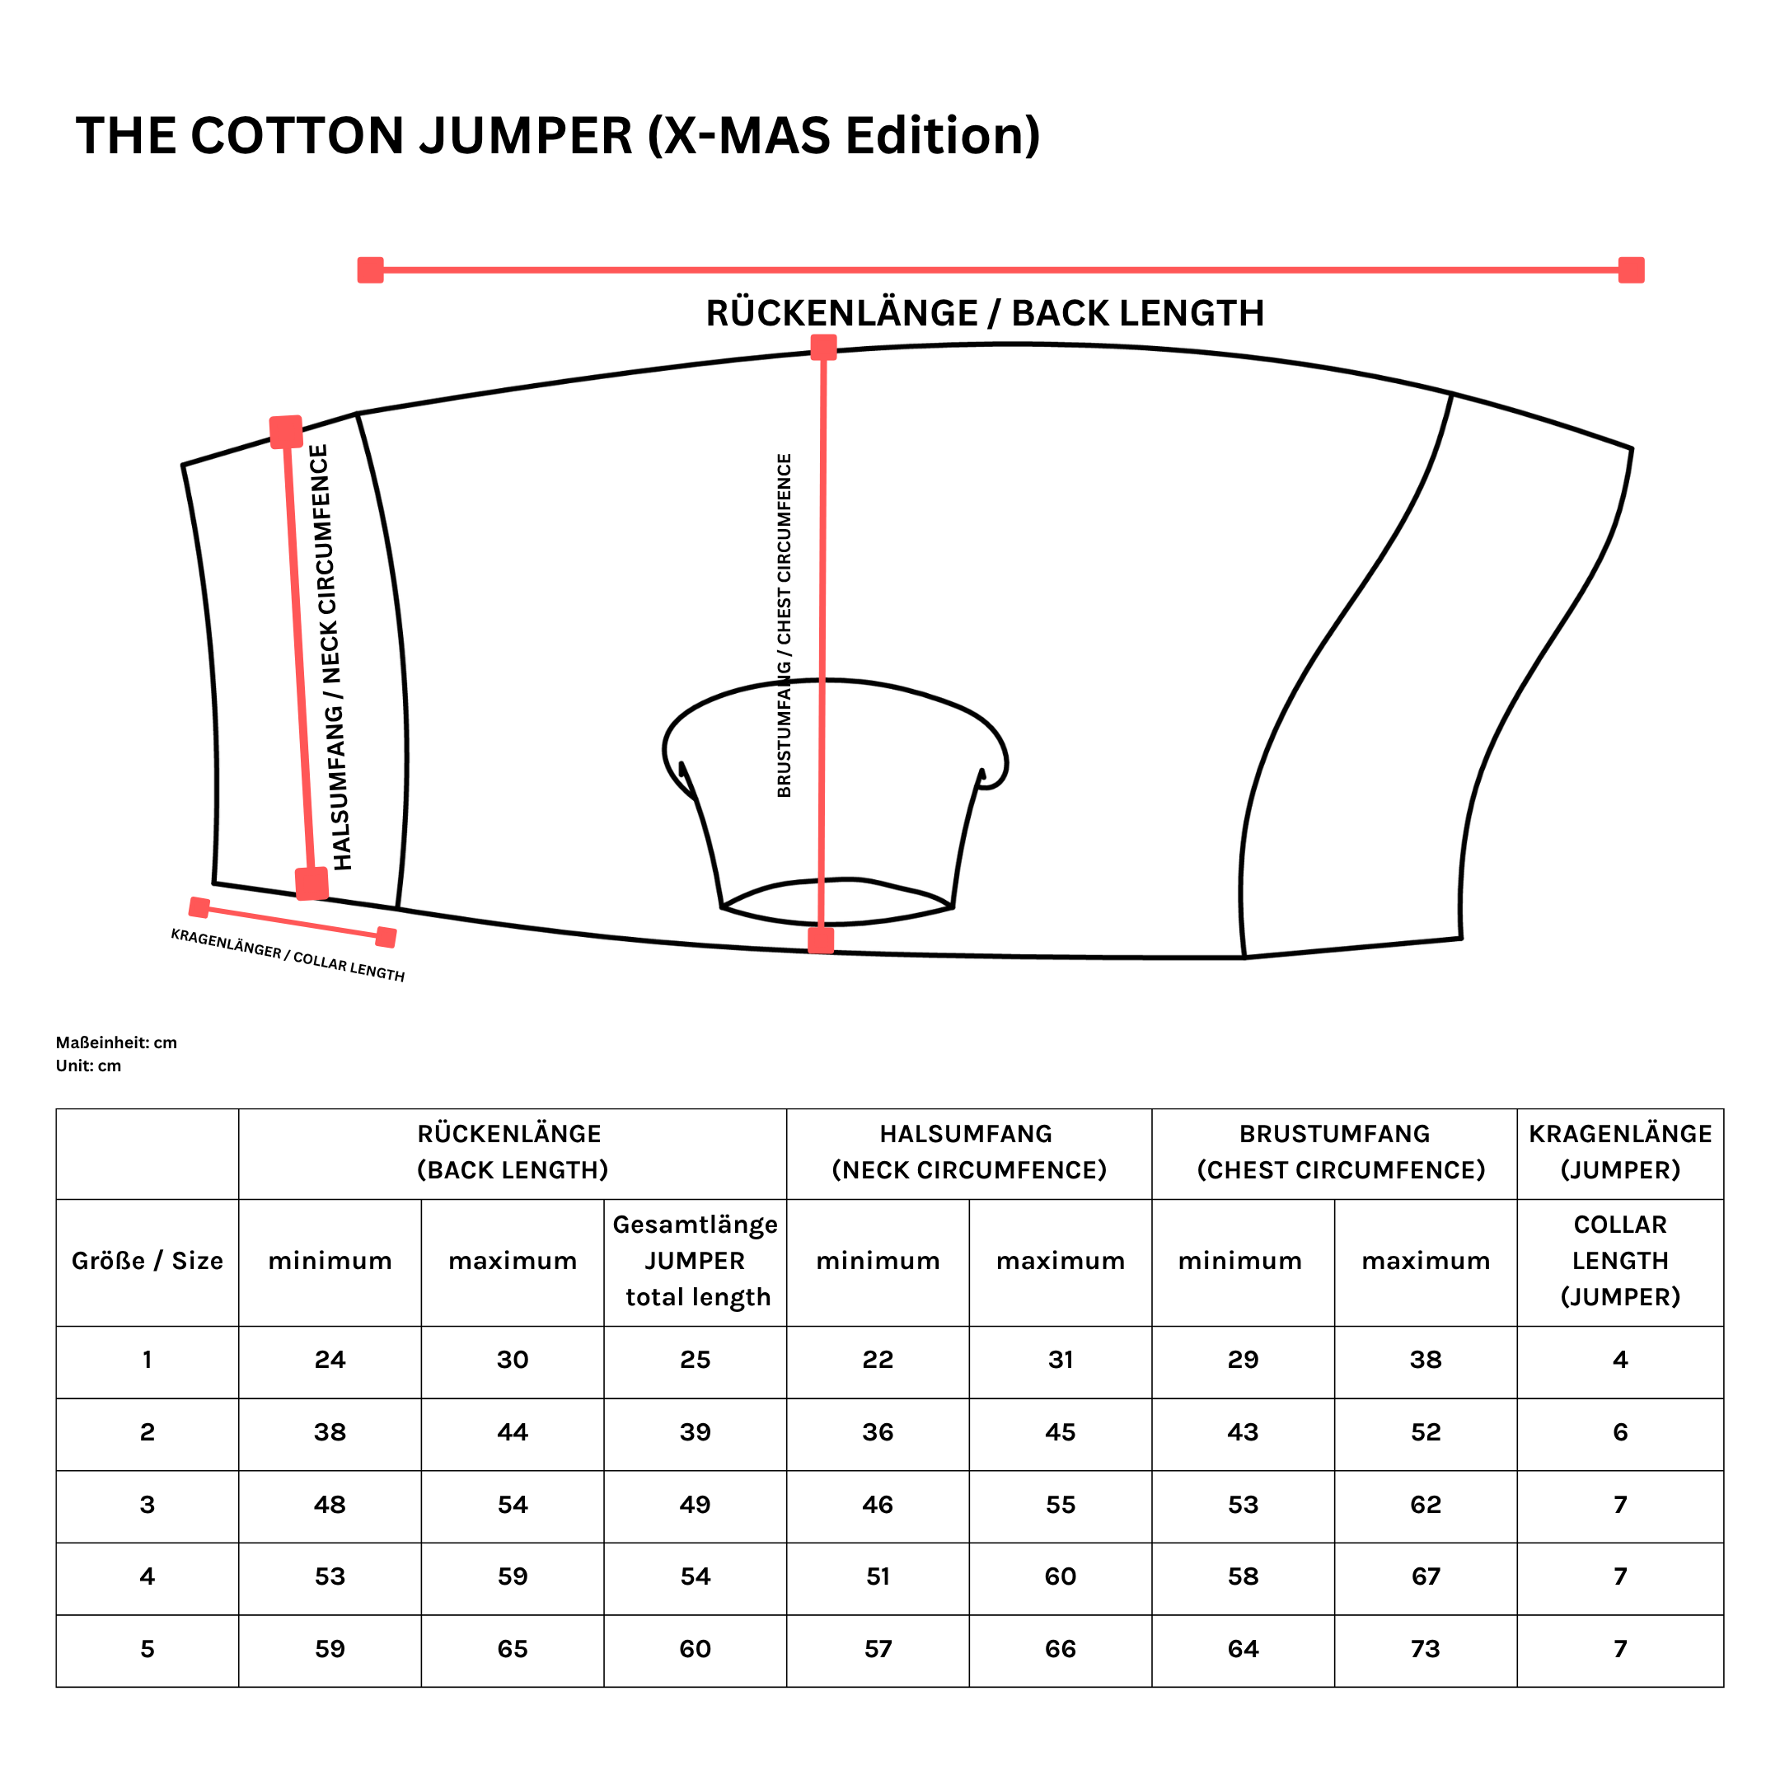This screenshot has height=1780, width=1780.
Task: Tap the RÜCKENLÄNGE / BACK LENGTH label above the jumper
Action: pos(984,313)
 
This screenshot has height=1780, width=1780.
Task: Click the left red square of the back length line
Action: pos(370,270)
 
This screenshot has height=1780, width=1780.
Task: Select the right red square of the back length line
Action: pos(1631,270)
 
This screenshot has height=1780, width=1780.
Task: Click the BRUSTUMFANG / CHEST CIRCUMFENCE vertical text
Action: pos(784,625)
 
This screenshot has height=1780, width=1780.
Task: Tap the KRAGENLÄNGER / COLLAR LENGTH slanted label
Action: pos(288,954)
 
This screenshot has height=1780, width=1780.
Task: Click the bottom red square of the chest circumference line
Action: pos(821,939)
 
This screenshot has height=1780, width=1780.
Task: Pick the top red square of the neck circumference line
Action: pos(286,431)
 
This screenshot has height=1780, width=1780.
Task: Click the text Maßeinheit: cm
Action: pos(116,1042)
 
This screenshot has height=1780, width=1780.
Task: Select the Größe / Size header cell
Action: pos(148,1260)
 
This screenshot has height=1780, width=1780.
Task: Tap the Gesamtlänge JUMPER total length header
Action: pos(696,1260)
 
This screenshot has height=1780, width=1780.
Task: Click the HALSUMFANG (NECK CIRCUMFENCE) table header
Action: pos(968,1152)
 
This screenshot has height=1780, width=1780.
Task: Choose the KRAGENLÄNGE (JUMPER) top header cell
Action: pos(1619,1152)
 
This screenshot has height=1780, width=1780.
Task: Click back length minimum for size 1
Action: pos(330,1360)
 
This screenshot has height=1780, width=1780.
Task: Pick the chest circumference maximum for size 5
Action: pos(1426,1649)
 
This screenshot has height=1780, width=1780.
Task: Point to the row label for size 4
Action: pos(148,1576)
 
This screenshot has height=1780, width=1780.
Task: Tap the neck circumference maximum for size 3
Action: pos(1061,1505)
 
